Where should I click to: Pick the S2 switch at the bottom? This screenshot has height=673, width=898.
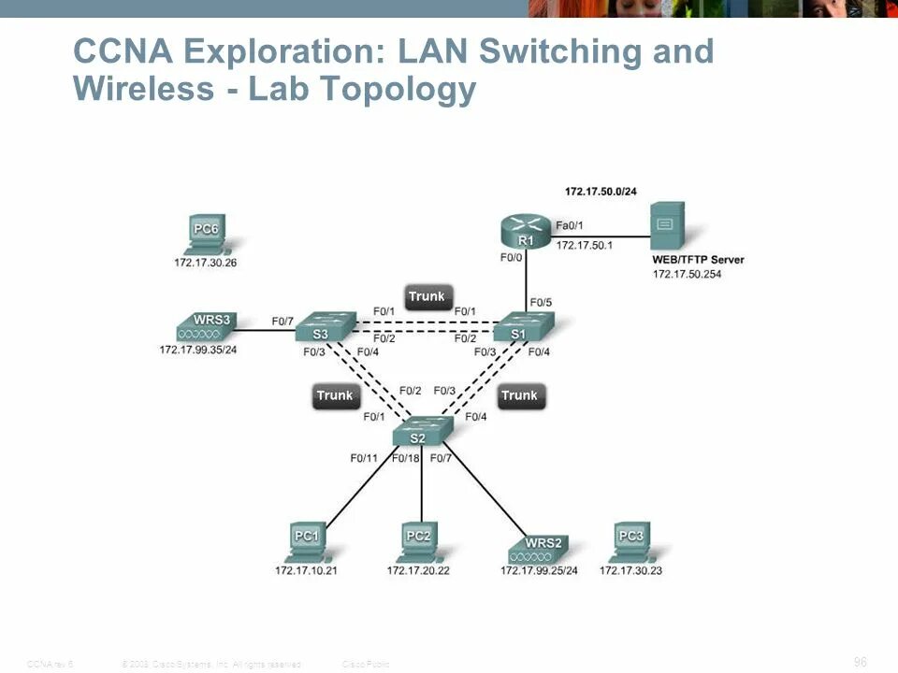point(421,433)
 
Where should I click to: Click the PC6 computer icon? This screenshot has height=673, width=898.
point(205,235)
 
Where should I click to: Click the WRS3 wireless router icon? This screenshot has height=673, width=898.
point(205,327)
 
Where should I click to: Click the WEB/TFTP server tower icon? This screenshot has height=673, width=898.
point(667,227)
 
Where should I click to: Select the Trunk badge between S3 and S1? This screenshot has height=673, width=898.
point(427,297)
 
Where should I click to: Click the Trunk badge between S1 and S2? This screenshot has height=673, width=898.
point(520,395)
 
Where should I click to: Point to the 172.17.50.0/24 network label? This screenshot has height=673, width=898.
point(601,191)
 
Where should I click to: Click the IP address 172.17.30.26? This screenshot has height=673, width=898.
point(205,263)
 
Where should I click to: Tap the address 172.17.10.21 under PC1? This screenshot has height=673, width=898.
point(306,570)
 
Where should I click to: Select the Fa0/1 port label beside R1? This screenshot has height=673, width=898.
point(570,225)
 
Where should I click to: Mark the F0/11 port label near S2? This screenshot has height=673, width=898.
point(364,458)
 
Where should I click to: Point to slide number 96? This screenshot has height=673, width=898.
point(861,662)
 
